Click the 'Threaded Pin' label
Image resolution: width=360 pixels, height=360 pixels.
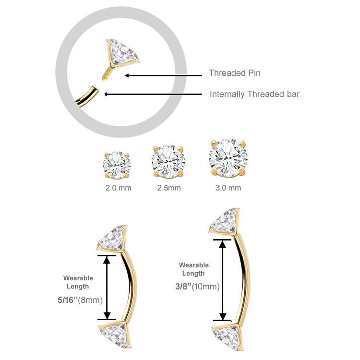(235, 73)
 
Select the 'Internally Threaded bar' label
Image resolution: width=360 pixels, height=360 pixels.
(254, 94)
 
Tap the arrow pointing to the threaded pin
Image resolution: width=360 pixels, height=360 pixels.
(164, 75)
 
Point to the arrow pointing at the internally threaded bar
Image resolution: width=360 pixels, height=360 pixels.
(153, 94)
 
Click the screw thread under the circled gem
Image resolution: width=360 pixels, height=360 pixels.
(107, 74)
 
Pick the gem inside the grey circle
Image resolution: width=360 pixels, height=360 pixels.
(122, 53)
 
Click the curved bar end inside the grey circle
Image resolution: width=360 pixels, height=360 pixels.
(87, 97)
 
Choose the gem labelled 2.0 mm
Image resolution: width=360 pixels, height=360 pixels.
(117, 165)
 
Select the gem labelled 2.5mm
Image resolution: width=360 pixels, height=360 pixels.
(168, 161)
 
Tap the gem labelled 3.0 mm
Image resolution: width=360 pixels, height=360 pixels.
(228, 158)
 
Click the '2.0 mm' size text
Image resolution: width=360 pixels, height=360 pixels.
(118, 188)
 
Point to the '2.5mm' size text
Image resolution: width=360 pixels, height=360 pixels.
(169, 188)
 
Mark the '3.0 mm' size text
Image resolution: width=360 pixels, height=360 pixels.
(228, 188)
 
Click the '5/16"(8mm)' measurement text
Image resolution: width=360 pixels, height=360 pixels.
(80, 300)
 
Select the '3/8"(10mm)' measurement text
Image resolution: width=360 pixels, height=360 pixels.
(197, 287)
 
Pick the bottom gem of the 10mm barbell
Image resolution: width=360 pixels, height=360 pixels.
(228, 336)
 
